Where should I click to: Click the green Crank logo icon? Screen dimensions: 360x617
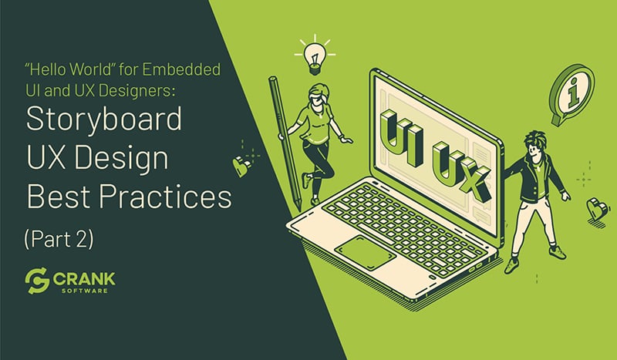pyautogui.click(x=37, y=282)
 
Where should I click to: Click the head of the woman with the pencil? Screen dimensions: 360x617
pyautogui.click(x=317, y=97)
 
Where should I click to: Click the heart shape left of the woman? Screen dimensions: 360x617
pyautogui.click(x=241, y=162)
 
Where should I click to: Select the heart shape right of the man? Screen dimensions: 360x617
pyautogui.click(x=595, y=208)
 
